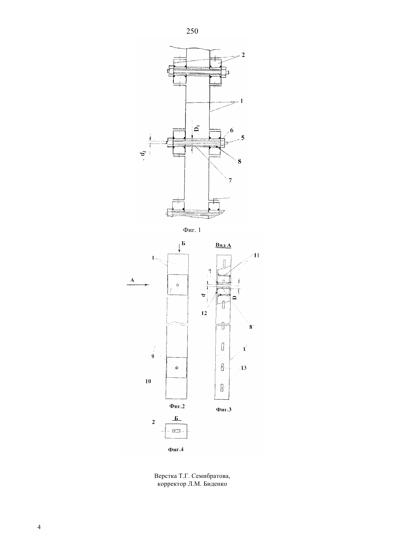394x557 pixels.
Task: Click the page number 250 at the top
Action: pos(192,31)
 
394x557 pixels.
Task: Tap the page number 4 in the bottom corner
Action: pos(39,527)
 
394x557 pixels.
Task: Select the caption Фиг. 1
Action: pos(192,230)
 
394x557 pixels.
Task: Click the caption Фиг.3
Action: pos(224,410)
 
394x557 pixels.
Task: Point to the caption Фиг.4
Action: pos(176,449)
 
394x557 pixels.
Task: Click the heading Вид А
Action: pos(223,246)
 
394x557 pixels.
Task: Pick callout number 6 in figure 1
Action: pos(231,130)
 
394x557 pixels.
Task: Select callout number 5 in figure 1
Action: pos(242,138)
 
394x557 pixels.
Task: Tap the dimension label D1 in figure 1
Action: pos(197,128)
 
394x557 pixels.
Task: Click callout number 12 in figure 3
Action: pos(204,313)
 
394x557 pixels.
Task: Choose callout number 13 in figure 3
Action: pos(244,368)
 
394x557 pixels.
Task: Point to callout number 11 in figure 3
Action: pos(256,255)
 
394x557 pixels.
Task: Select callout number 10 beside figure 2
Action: pos(148,381)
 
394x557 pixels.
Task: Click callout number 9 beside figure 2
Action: pos(153,356)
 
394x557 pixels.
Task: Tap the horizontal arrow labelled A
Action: pos(138,285)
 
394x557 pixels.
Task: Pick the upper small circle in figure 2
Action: pos(178,285)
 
